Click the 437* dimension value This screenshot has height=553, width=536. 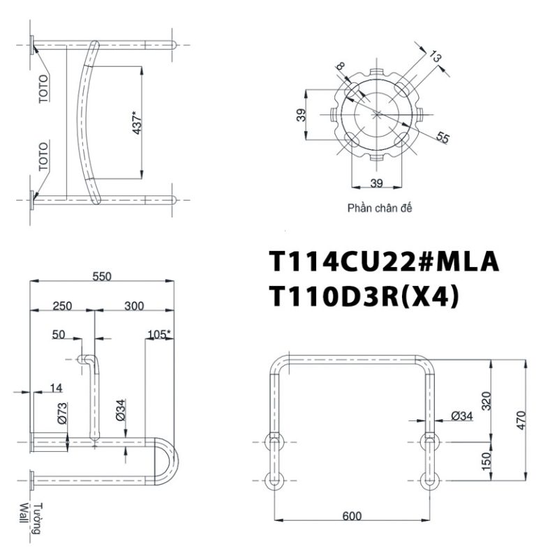click(137, 122)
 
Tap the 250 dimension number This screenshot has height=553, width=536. click(62, 306)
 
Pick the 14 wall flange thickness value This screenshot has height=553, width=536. click(56, 388)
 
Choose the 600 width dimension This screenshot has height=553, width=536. click(352, 516)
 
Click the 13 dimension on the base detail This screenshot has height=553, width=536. click(436, 56)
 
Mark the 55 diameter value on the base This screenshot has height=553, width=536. click(442, 137)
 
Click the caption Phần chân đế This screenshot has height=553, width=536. click(378, 208)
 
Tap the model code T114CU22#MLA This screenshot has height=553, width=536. click(385, 262)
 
